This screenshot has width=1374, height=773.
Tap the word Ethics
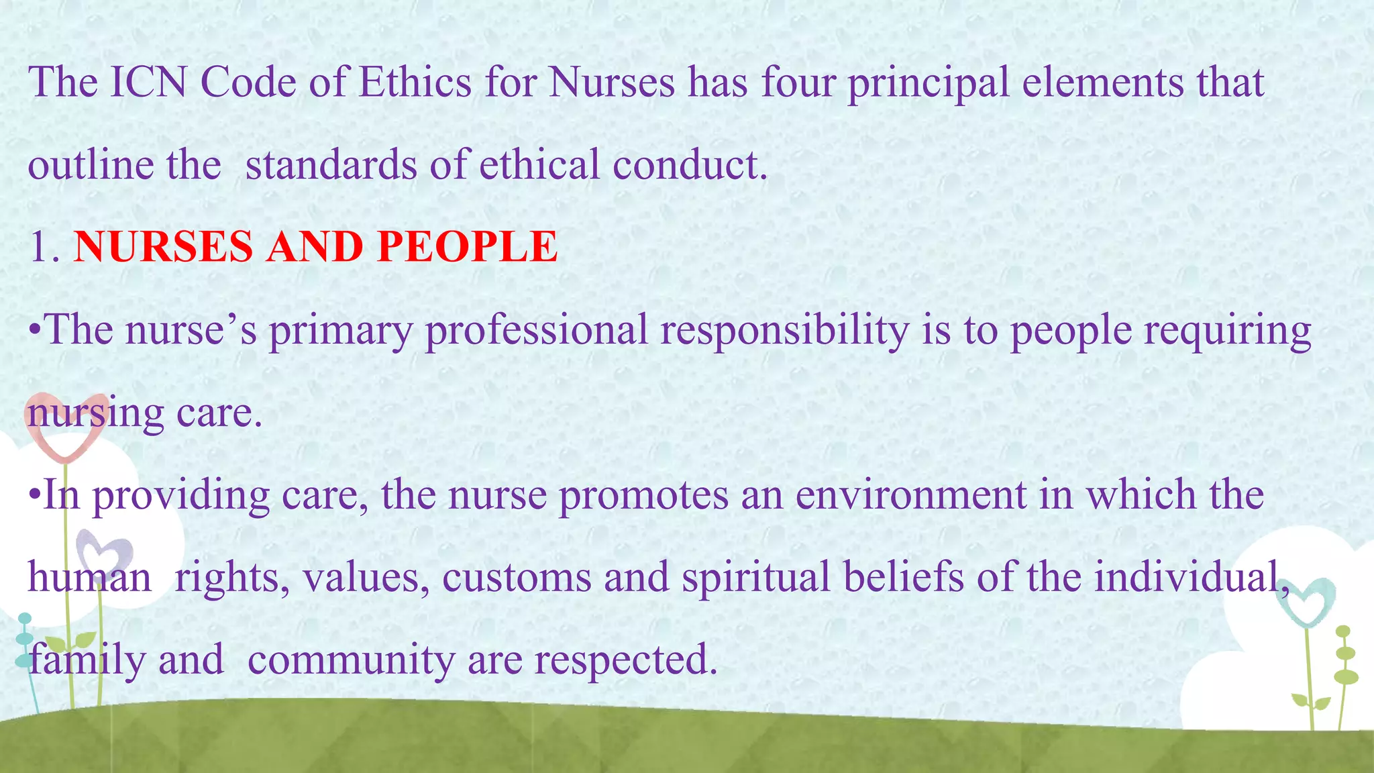pyautogui.click(x=415, y=83)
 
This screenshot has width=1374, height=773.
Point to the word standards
pyautogui.click(x=331, y=165)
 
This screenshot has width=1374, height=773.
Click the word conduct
pyautogui.click(x=689, y=165)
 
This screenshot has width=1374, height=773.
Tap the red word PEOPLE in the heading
pyautogui.click(x=467, y=246)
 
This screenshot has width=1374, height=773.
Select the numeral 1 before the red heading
pyautogui.click(x=40, y=246)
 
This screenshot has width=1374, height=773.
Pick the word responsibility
pyautogui.click(x=784, y=330)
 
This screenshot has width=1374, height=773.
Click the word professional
pyautogui.click(x=537, y=330)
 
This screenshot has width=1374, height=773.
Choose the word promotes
pyautogui.click(x=643, y=495)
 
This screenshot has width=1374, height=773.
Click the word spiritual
pyautogui.click(x=756, y=578)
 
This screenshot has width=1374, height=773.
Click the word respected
pyautogui.click(x=622, y=660)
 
